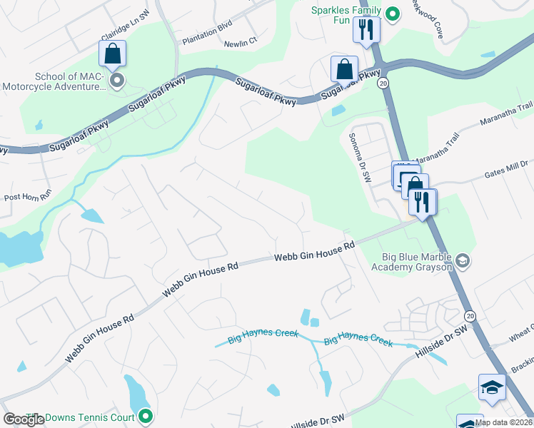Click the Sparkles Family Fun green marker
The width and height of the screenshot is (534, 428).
click(391, 13)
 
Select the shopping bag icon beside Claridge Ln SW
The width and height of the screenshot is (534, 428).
click(113, 53)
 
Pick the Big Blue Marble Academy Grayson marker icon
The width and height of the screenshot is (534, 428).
click(463, 260)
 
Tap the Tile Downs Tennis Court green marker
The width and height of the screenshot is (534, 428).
click(146, 414)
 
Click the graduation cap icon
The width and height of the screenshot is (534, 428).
click(492, 387)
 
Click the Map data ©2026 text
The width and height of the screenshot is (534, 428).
click(503, 422)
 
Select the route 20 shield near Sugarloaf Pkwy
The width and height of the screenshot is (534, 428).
click(384, 83)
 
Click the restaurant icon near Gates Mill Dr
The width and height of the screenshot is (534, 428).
click(422, 202)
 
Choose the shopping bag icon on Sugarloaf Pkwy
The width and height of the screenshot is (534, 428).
click(344, 69)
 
